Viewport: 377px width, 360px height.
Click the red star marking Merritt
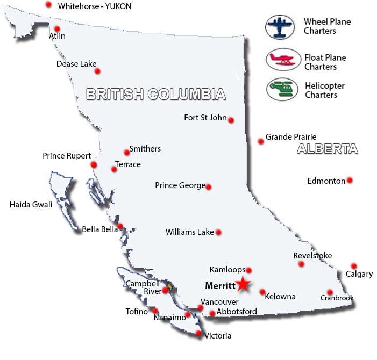(x=243, y=284)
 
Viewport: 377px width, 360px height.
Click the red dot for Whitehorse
(x=48, y=4)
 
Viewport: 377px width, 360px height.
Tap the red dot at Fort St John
(x=231, y=120)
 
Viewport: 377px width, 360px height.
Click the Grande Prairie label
(x=291, y=137)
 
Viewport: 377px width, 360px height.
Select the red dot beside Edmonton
(x=350, y=180)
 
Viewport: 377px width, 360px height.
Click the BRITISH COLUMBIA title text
(x=156, y=95)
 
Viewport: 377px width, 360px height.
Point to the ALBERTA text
(x=327, y=149)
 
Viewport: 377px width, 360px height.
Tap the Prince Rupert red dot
(x=94, y=164)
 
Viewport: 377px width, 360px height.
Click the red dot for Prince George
(x=209, y=187)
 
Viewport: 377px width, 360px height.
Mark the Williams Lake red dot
(x=218, y=232)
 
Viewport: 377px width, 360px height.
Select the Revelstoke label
(x=312, y=256)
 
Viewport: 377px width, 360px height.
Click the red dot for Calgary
(x=353, y=266)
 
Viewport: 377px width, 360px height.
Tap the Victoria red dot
(x=198, y=334)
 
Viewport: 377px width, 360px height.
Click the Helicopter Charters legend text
(x=325, y=90)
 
